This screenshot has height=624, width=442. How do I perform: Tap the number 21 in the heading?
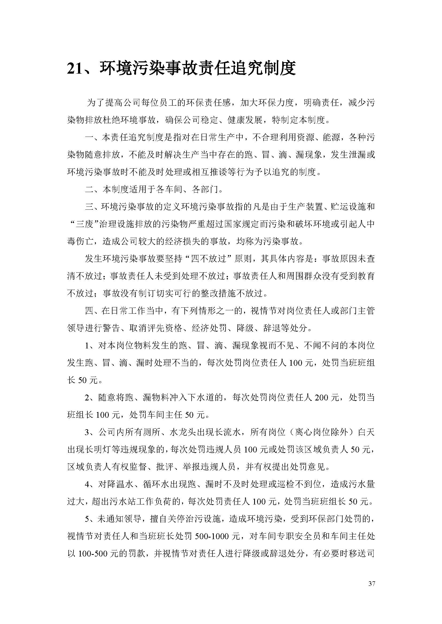tap(75, 69)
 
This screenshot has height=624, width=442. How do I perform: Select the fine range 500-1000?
tap(218, 536)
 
